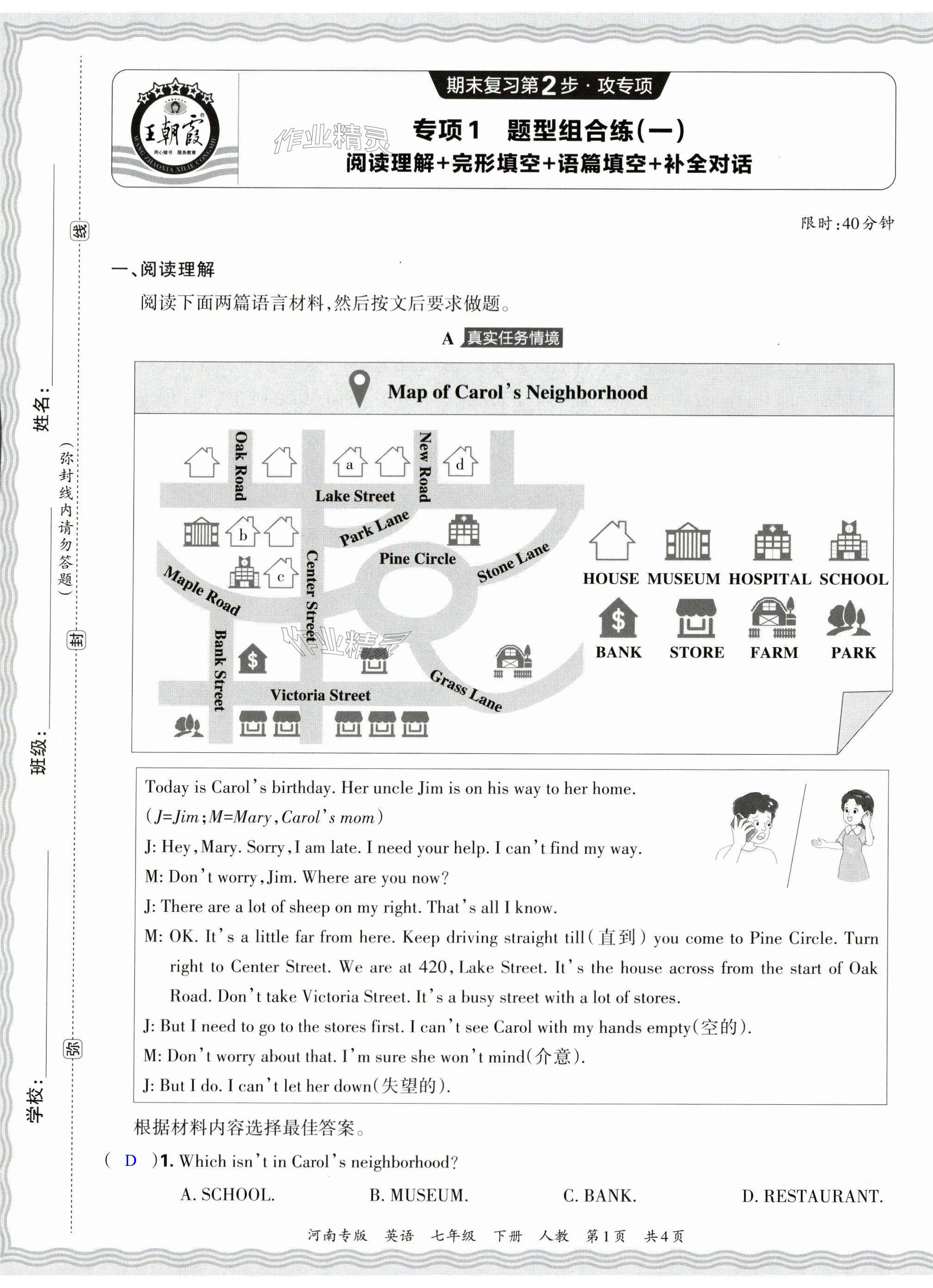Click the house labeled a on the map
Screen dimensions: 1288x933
click(349, 462)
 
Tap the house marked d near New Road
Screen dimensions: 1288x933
click(460, 462)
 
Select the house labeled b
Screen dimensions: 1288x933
click(243, 532)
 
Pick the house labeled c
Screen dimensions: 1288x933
click(281, 574)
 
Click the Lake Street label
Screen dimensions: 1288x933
click(355, 496)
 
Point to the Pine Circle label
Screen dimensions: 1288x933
click(417, 559)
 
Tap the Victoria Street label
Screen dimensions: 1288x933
click(320, 695)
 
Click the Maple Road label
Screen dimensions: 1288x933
click(202, 591)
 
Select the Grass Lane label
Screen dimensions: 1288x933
click(466, 690)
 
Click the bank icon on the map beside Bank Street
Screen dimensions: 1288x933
click(252, 659)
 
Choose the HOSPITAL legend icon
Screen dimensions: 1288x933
click(772, 542)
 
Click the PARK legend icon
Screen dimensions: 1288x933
click(848, 619)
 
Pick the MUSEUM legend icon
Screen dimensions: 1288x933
click(687, 542)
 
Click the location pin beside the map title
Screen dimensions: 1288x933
click(359, 389)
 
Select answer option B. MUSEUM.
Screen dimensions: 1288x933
click(419, 1195)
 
